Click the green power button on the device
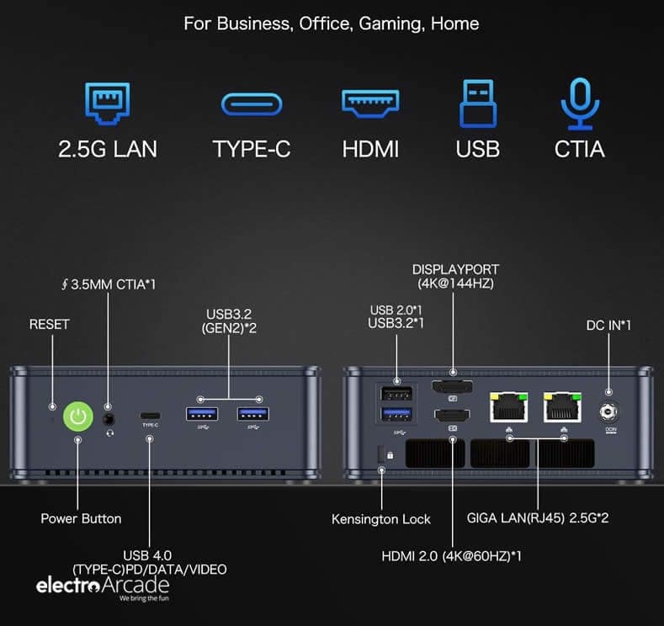coord(78,416)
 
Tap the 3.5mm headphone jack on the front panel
coord(109,420)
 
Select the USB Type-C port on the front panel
coord(151,415)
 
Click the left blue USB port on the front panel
coord(202,414)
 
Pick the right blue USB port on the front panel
coord(252,414)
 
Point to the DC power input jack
coord(608,411)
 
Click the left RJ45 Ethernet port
coord(508,407)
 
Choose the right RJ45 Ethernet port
coord(562,407)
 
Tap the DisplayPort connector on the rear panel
coord(452,386)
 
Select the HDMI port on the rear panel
coord(452,416)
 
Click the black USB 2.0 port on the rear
coord(396,394)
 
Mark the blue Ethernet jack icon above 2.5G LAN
coord(107,103)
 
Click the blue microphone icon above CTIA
coord(580,103)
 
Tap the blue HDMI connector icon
coord(370,103)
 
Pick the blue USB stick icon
coord(478,103)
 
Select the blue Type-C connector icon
coord(252,104)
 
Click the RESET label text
coord(49,324)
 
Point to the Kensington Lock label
coord(380,519)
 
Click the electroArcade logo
coord(103,587)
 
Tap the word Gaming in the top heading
coord(391,24)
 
